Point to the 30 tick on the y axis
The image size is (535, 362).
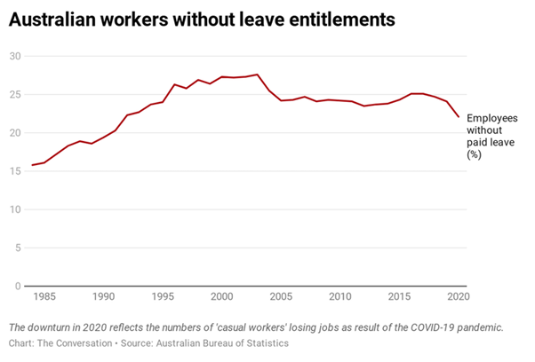(15, 56)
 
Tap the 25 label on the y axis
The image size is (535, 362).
(15, 95)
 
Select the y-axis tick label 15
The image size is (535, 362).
(15, 171)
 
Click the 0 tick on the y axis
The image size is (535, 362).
(18, 287)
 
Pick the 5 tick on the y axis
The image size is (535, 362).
(18, 248)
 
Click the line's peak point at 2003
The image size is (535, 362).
(258, 75)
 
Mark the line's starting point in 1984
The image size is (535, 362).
(33, 165)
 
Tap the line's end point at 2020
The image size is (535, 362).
(459, 116)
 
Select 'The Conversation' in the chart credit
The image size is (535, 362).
(76, 343)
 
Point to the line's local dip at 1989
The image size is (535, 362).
(92, 144)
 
